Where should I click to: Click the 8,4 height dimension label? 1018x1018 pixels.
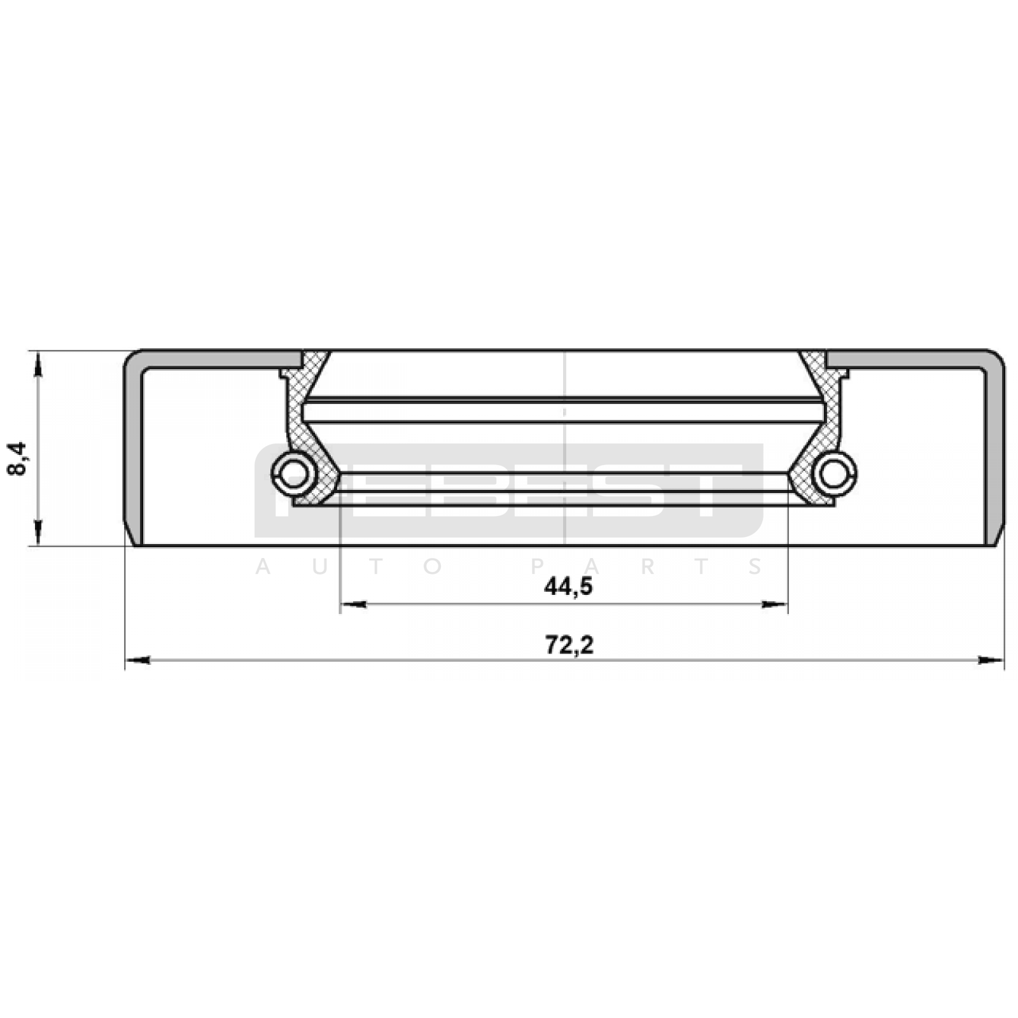[18, 459]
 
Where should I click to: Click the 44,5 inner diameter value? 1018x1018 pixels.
[568, 587]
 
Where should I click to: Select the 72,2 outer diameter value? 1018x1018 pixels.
[569, 646]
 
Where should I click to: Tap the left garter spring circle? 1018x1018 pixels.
[293, 472]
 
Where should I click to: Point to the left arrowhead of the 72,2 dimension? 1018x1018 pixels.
[137, 660]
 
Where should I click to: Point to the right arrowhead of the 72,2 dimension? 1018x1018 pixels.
[991, 660]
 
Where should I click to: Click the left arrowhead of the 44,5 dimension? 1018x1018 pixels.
[353, 604]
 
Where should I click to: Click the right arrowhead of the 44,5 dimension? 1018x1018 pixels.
[775, 604]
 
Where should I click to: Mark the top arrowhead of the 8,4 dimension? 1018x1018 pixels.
[38, 364]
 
